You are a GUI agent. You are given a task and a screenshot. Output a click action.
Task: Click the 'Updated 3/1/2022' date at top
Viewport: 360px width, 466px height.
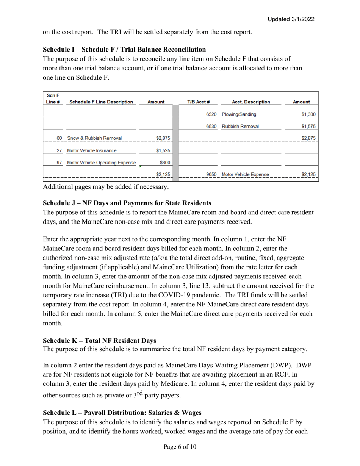pos(291,19)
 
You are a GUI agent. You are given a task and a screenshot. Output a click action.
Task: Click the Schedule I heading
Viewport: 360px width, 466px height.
pos(124,50)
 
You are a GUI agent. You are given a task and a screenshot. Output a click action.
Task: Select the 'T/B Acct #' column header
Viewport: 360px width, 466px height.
pos(198,102)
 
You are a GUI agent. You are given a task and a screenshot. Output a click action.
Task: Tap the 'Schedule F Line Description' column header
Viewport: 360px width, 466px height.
pos(101,102)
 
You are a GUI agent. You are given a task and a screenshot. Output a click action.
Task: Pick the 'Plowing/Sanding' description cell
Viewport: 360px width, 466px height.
pos(239,114)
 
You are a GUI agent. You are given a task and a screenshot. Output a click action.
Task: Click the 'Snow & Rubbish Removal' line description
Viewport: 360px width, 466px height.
pos(94,138)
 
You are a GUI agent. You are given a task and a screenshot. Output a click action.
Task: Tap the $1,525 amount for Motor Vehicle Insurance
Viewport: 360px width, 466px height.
pos(163,151)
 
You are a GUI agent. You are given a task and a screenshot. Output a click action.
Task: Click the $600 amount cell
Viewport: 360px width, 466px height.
pos(165,163)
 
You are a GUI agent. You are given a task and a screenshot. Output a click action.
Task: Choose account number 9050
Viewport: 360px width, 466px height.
pos(211,175)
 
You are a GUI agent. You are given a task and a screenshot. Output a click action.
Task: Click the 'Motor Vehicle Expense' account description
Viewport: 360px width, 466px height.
pos(245,175)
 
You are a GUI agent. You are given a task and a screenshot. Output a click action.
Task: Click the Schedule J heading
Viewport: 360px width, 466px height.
pos(127,203)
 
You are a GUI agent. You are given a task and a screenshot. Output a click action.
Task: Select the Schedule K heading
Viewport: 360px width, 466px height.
pos(99,341)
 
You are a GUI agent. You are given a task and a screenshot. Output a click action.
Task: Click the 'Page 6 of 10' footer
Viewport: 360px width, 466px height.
pos(180,447)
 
